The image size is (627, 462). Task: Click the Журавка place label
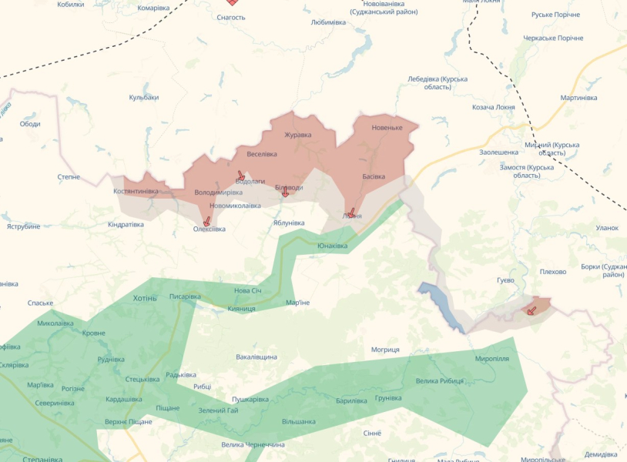[x=298, y=135]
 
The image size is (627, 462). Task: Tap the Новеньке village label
[x=387, y=127]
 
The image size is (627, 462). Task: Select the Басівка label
[x=374, y=177]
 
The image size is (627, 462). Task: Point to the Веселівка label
[x=262, y=154]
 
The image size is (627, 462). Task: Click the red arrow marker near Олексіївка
[x=206, y=221]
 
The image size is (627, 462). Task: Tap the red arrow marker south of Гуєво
[x=531, y=310]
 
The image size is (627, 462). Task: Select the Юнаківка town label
[x=333, y=246]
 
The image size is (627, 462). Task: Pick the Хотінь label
[x=145, y=298]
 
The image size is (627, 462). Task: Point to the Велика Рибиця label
[x=440, y=381]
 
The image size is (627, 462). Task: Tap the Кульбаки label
[x=144, y=97]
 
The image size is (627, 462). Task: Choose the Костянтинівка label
[x=136, y=191]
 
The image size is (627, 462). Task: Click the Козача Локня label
[x=494, y=107]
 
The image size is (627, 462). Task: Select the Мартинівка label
[x=579, y=98]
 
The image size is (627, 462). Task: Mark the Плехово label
[x=553, y=272]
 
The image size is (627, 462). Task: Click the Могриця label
[x=385, y=350]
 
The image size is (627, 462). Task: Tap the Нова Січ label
[x=248, y=290]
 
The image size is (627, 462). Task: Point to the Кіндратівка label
[x=126, y=224]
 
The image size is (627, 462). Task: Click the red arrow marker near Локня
[x=351, y=212]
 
